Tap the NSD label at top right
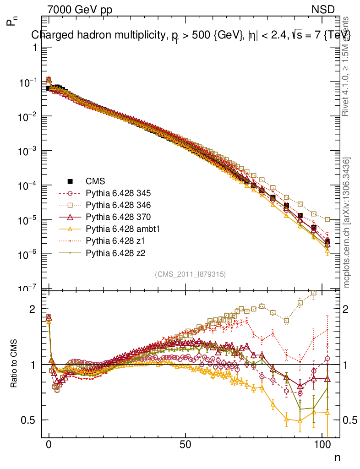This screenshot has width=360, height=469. tap(323, 10)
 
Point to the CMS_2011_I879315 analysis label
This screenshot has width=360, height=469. tap(190, 274)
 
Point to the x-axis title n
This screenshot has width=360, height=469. tap(337, 457)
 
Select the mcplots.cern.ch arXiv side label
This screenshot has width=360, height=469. tap(347, 222)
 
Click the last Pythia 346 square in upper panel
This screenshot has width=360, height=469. tap(327, 220)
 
